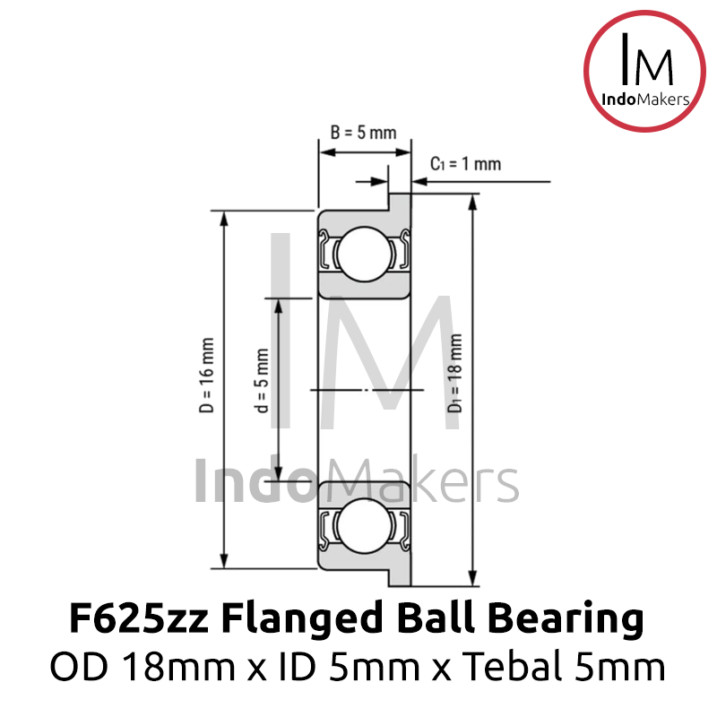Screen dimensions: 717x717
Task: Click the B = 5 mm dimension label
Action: click(364, 133)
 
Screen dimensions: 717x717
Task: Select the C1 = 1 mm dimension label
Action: click(465, 164)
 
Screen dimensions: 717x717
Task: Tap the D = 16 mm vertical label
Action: click(207, 376)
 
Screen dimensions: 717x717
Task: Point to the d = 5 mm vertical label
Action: click(262, 380)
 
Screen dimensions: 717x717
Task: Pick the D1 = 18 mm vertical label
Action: click(455, 373)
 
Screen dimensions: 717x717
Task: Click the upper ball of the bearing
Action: click(365, 254)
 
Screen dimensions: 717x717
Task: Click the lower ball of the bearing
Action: click(365, 525)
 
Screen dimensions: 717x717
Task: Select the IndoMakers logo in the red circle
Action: click(644, 72)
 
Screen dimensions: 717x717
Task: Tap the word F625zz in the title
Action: click(139, 618)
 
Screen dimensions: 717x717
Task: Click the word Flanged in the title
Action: click(301, 619)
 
